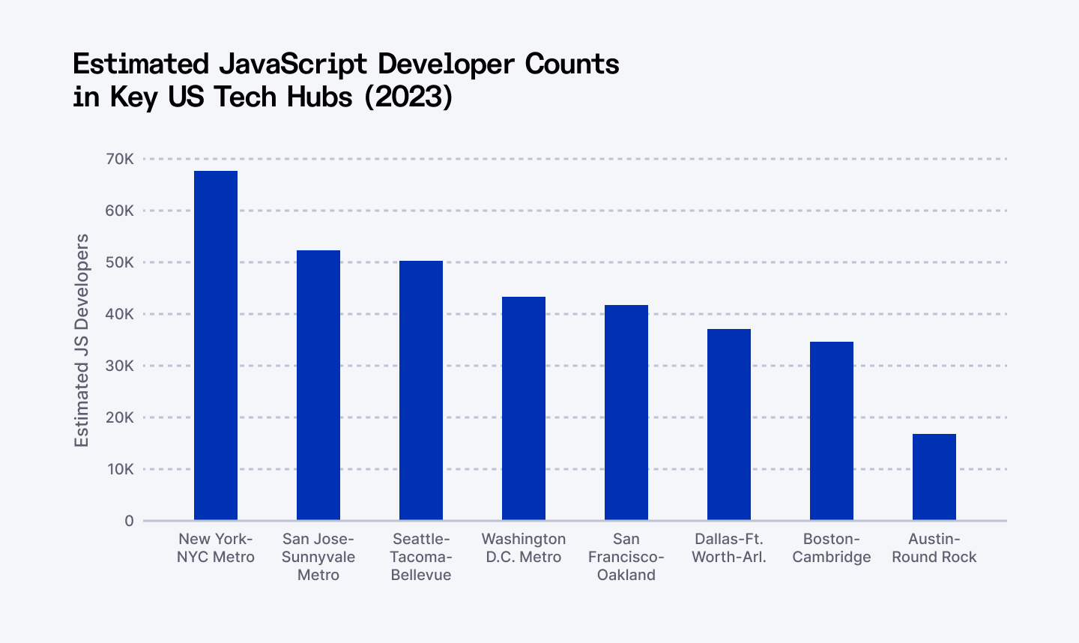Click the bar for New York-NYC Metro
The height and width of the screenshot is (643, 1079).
(216, 345)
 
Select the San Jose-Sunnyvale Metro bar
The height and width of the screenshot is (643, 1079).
(318, 385)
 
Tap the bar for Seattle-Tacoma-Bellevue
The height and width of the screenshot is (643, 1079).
(421, 390)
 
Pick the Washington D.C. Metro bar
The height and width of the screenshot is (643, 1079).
(524, 408)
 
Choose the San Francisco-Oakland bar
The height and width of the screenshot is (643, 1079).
(626, 413)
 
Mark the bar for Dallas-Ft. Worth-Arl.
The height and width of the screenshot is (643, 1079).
(729, 425)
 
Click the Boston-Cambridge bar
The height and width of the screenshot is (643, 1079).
(832, 431)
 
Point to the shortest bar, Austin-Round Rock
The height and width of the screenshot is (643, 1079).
(934, 477)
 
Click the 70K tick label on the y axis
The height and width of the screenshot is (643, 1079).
(119, 159)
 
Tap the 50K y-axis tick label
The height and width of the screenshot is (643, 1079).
(119, 262)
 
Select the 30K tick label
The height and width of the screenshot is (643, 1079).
(119, 366)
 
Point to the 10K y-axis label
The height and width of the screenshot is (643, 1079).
(119, 469)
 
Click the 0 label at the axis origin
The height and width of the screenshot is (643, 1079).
(130, 521)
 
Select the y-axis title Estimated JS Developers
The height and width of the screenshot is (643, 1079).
(82, 340)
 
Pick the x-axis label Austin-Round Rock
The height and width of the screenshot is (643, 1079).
(934, 548)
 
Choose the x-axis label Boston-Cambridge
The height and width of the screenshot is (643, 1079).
(832, 548)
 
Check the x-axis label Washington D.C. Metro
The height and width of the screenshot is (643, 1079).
(524, 548)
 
